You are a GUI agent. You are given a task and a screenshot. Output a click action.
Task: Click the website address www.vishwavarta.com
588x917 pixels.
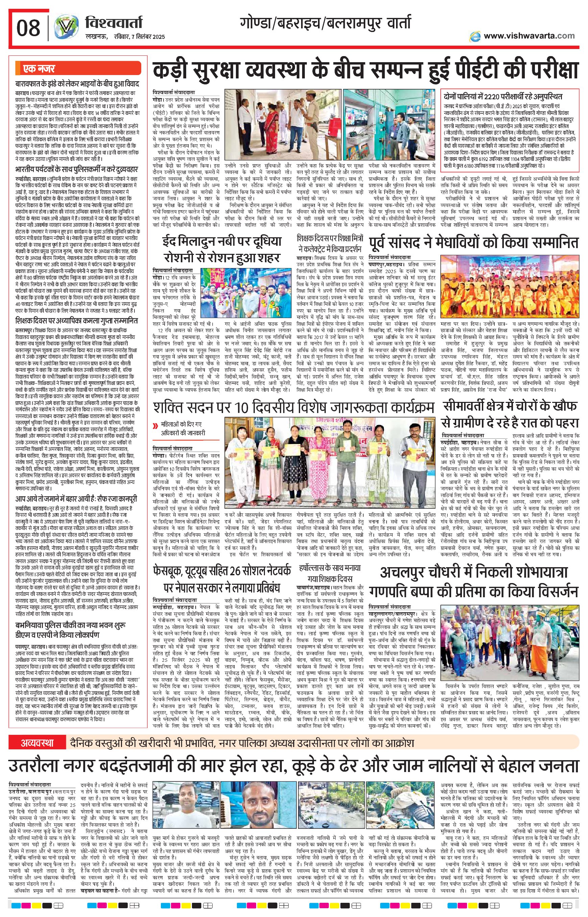coord(529,35)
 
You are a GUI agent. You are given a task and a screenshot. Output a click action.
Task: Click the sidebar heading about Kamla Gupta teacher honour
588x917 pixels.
coord(76,320)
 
